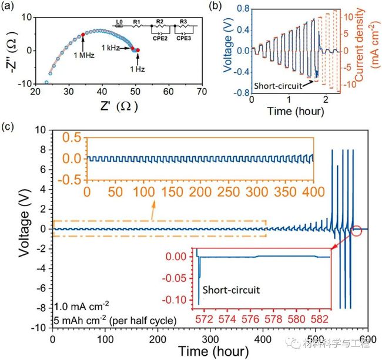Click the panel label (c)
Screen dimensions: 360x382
pos(9,125)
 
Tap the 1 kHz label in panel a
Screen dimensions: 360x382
pos(112,47)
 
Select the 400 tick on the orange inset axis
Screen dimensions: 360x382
pos(312,193)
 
